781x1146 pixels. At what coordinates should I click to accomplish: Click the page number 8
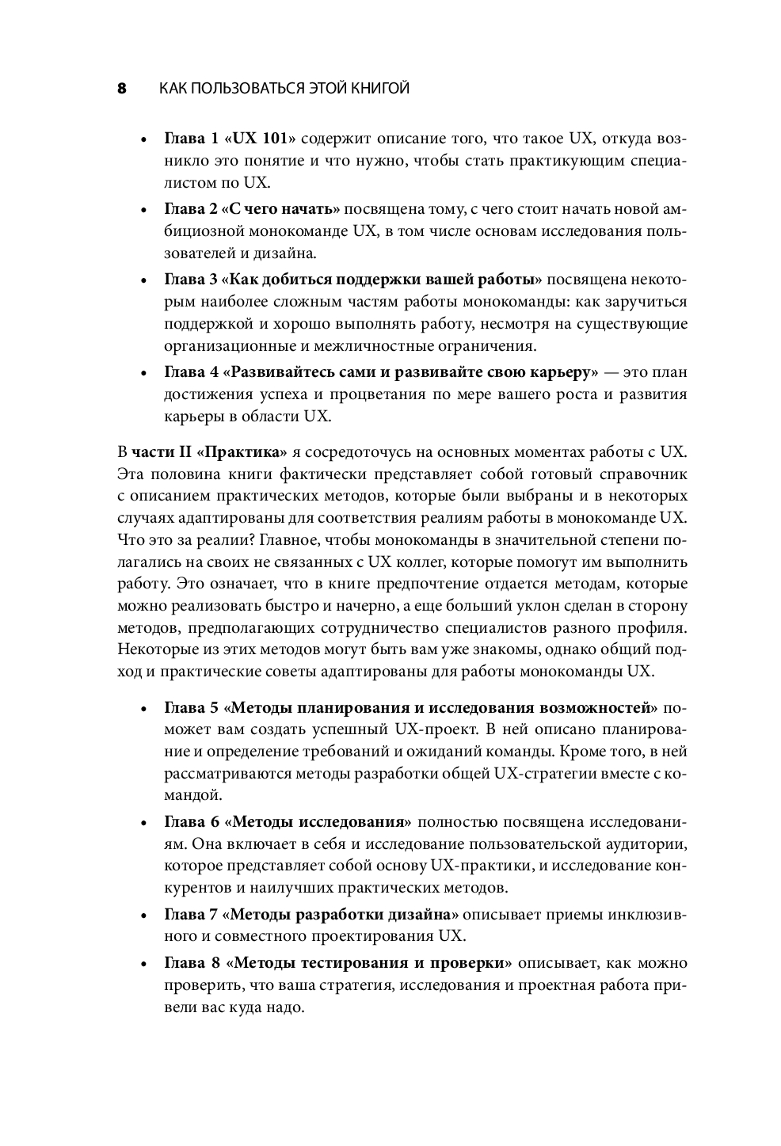tap(122, 88)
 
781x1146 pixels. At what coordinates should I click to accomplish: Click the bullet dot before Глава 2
tap(143, 211)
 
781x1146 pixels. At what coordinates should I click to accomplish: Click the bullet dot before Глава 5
tap(143, 709)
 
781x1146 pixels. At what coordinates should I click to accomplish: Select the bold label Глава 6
tap(191, 822)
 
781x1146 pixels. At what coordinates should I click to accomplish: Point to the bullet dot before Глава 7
tap(143, 916)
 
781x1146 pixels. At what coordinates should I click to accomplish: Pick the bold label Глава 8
tap(191, 964)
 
